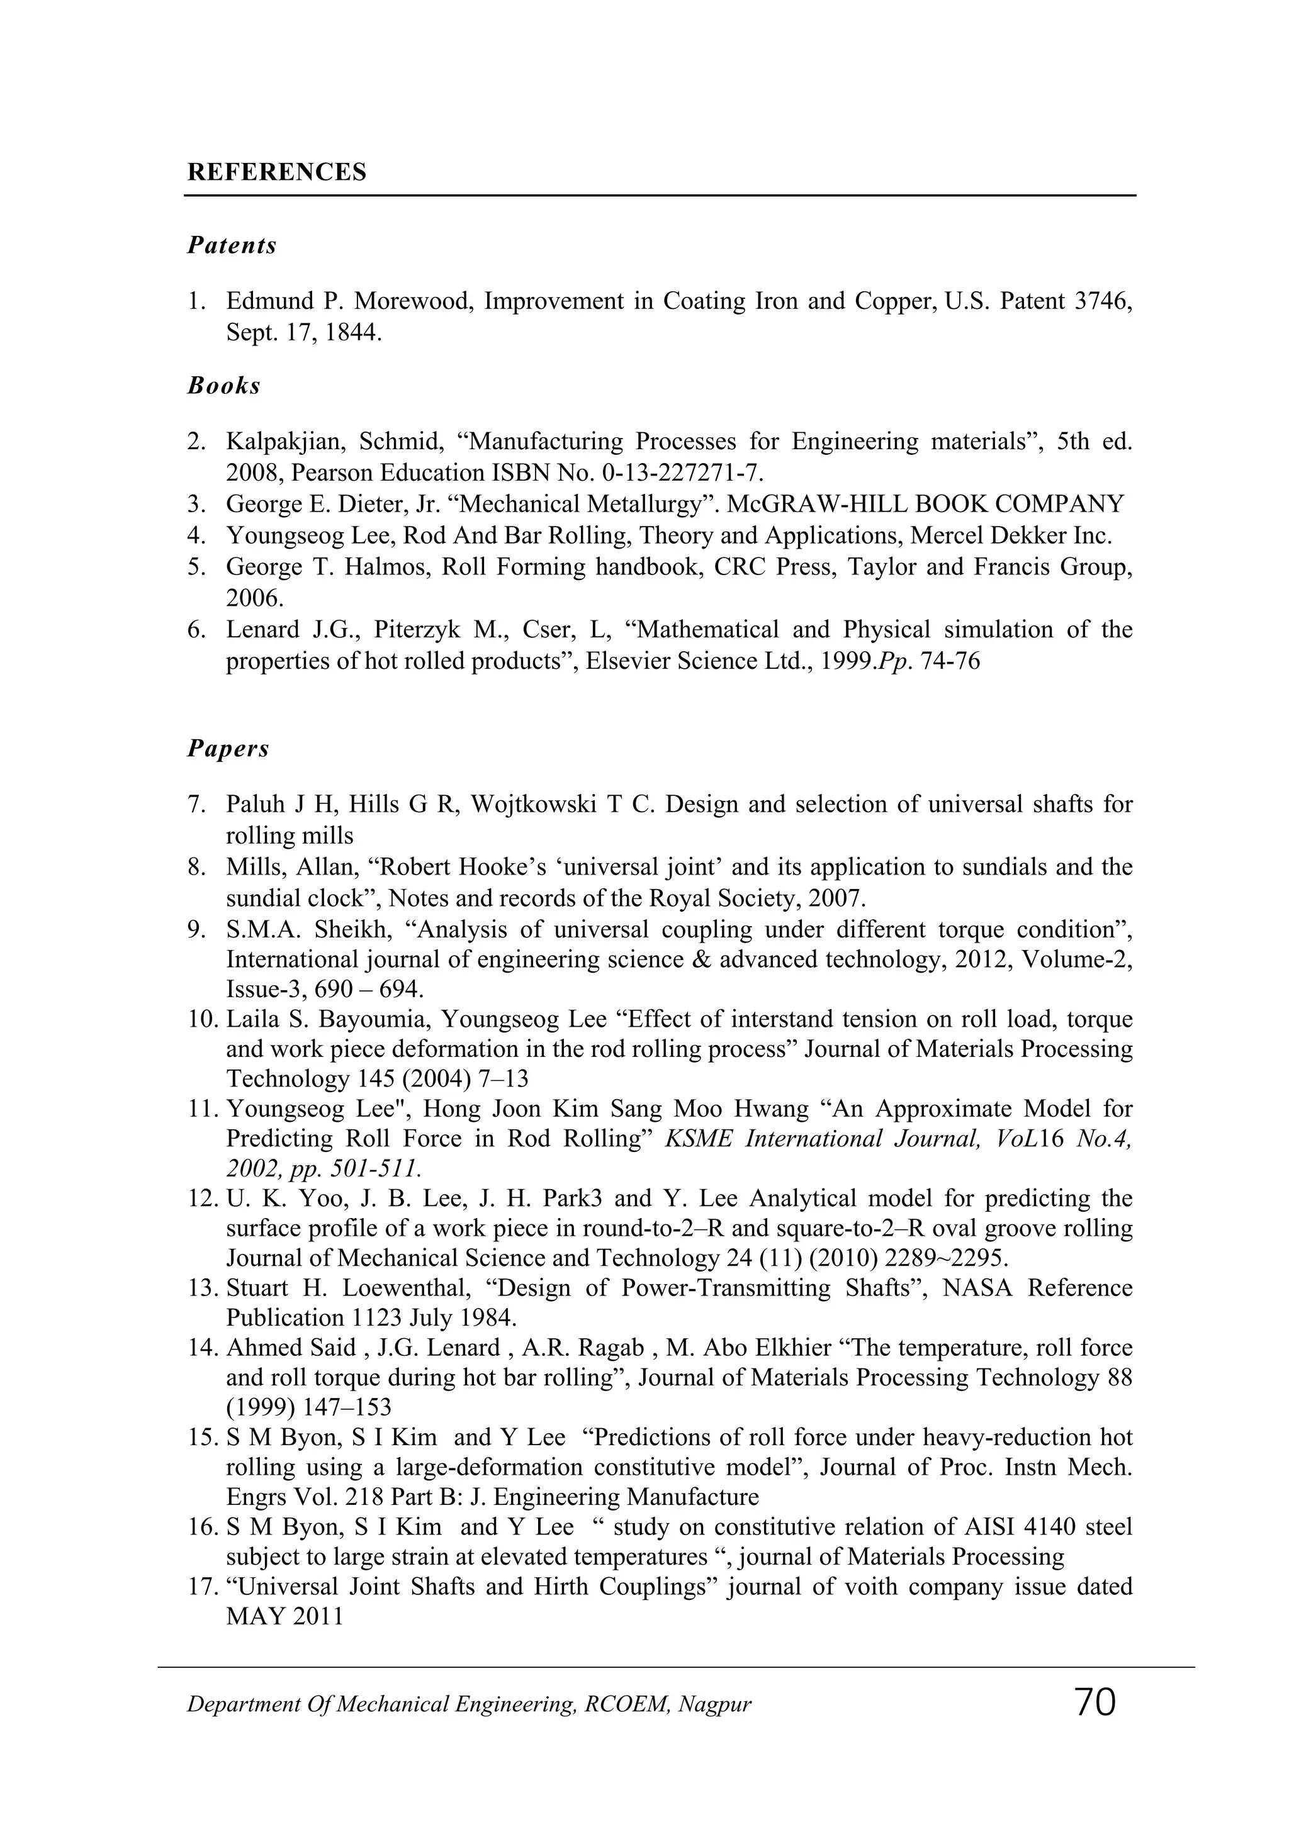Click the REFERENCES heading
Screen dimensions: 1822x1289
pos(276,172)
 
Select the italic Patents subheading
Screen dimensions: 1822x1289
pos(232,245)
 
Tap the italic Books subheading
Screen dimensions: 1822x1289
pos(224,386)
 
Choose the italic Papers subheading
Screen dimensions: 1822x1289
pos(228,748)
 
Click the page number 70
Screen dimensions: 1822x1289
pos(1095,1702)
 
